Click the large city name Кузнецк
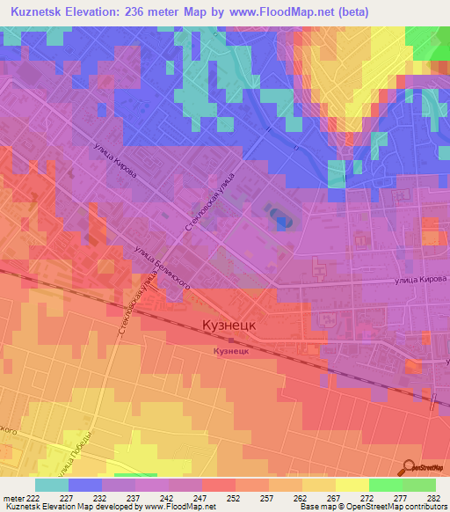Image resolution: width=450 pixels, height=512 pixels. (x=229, y=325)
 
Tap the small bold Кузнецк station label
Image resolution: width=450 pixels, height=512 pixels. (x=230, y=350)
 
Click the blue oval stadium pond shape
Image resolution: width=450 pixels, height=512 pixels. (x=279, y=216)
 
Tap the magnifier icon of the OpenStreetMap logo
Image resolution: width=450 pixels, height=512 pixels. (x=410, y=466)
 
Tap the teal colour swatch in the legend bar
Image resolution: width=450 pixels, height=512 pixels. (x=52, y=484)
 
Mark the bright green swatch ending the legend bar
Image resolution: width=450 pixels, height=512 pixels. (x=419, y=484)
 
